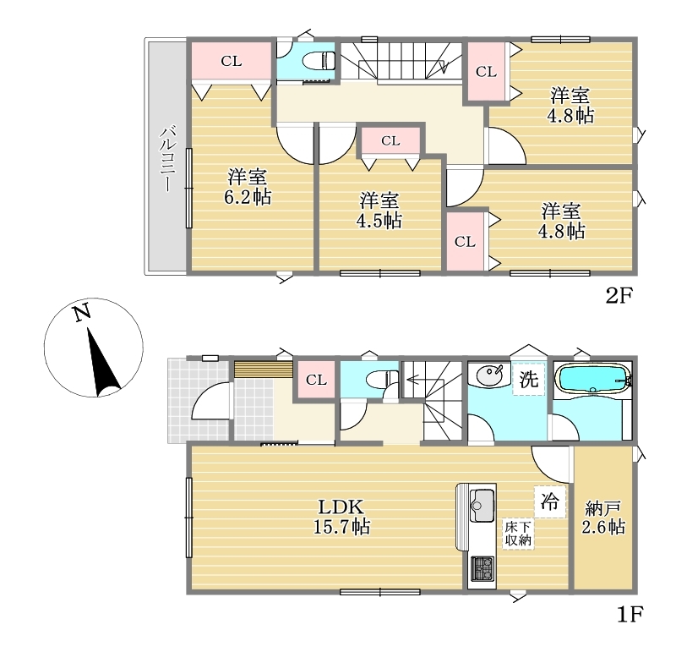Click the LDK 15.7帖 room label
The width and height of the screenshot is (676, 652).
(341, 517)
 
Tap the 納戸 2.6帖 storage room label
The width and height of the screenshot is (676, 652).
(603, 517)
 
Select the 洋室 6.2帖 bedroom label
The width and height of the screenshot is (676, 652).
(248, 187)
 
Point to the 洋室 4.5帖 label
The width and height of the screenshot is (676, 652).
(379, 211)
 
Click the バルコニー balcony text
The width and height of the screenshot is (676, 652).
(168, 159)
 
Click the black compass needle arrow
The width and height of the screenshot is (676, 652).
(101, 362)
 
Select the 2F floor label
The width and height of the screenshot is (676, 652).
(619, 296)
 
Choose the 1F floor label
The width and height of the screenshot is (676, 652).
(630, 615)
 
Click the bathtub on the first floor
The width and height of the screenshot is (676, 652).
(594, 378)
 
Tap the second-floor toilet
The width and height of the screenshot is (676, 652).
(319, 61)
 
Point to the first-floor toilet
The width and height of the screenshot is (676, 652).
(382, 379)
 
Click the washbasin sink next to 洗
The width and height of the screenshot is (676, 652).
(490, 375)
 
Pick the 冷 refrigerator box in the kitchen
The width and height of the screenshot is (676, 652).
(550, 501)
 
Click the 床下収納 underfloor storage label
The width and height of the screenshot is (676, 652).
(518, 534)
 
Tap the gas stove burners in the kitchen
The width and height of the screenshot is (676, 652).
(482, 569)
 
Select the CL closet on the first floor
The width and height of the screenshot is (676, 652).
(316, 380)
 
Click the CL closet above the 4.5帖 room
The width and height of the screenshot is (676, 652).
(390, 140)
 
